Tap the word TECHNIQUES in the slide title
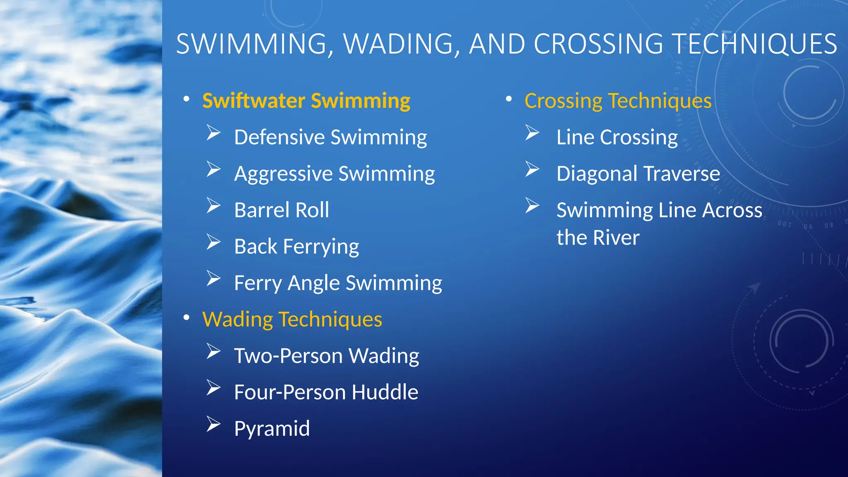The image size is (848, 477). tap(754, 44)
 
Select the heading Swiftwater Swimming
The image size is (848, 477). tap(306, 101)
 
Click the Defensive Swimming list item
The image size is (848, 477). tap(330, 137)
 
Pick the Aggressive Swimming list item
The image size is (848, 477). tap(334, 173)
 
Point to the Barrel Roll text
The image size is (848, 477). tap(282, 210)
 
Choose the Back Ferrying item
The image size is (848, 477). tap(296, 246)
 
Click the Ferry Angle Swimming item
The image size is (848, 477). tap(338, 283)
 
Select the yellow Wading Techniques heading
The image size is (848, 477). tap(292, 319)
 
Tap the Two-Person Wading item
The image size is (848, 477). tap(326, 356)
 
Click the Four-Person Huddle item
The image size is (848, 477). tap(326, 392)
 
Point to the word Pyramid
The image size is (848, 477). tap(272, 429)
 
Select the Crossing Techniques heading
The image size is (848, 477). tap(618, 101)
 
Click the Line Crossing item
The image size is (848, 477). tap(617, 137)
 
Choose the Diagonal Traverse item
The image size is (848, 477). tap(638, 173)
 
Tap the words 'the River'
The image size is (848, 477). tap(598, 238)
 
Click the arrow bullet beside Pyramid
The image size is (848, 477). tap(213, 424)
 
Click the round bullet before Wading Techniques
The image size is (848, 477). tap(187, 318)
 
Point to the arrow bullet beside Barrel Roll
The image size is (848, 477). tap(213, 205)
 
